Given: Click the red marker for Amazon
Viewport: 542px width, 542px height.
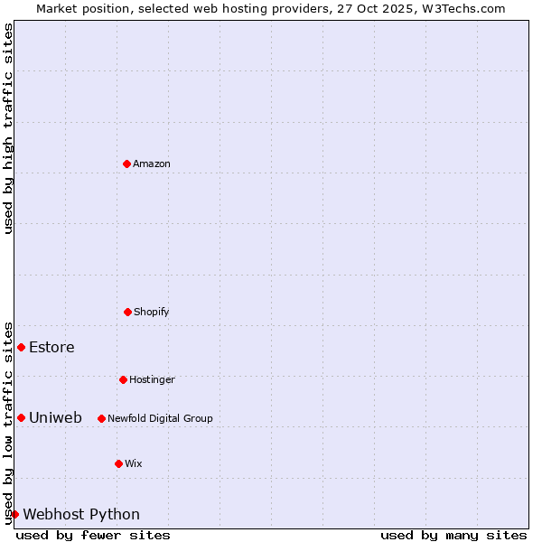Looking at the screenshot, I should [x=126, y=164].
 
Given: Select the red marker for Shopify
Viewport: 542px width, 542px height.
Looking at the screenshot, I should [x=127, y=312].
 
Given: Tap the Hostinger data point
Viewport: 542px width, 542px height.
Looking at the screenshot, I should [x=123, y=379].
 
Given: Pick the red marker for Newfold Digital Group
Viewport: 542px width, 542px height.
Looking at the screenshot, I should [x=101, y=418].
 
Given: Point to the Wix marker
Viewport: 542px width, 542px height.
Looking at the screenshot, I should [x=118, y=463].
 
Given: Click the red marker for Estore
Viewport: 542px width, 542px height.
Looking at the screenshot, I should [x=21, y=347].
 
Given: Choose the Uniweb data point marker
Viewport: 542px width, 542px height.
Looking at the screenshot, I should [x=21, y=417].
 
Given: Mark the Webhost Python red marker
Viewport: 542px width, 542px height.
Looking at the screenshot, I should [x=14, y=514].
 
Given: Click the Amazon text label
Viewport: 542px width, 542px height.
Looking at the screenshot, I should [x=152, y=164].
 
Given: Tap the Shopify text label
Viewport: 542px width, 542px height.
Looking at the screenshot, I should [x=152, y=312].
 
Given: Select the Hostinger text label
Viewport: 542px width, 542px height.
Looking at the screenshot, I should [x=152, y=379].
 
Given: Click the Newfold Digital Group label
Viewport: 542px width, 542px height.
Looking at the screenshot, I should [x=160, y=418].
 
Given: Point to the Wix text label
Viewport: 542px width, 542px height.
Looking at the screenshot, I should [x=134, y=463].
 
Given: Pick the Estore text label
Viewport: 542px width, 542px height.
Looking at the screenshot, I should [x=51, y=347].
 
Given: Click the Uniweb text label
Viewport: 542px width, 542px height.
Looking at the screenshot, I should [x=55, y=417].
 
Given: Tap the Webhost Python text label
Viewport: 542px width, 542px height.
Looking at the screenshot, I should [x=81, y=514].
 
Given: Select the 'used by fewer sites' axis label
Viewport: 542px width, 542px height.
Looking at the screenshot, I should [x=93, y=535].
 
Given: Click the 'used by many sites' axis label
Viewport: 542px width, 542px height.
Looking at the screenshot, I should [x=453, y=535].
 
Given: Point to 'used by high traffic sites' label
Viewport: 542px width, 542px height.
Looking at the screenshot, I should [x=8, y=128].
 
